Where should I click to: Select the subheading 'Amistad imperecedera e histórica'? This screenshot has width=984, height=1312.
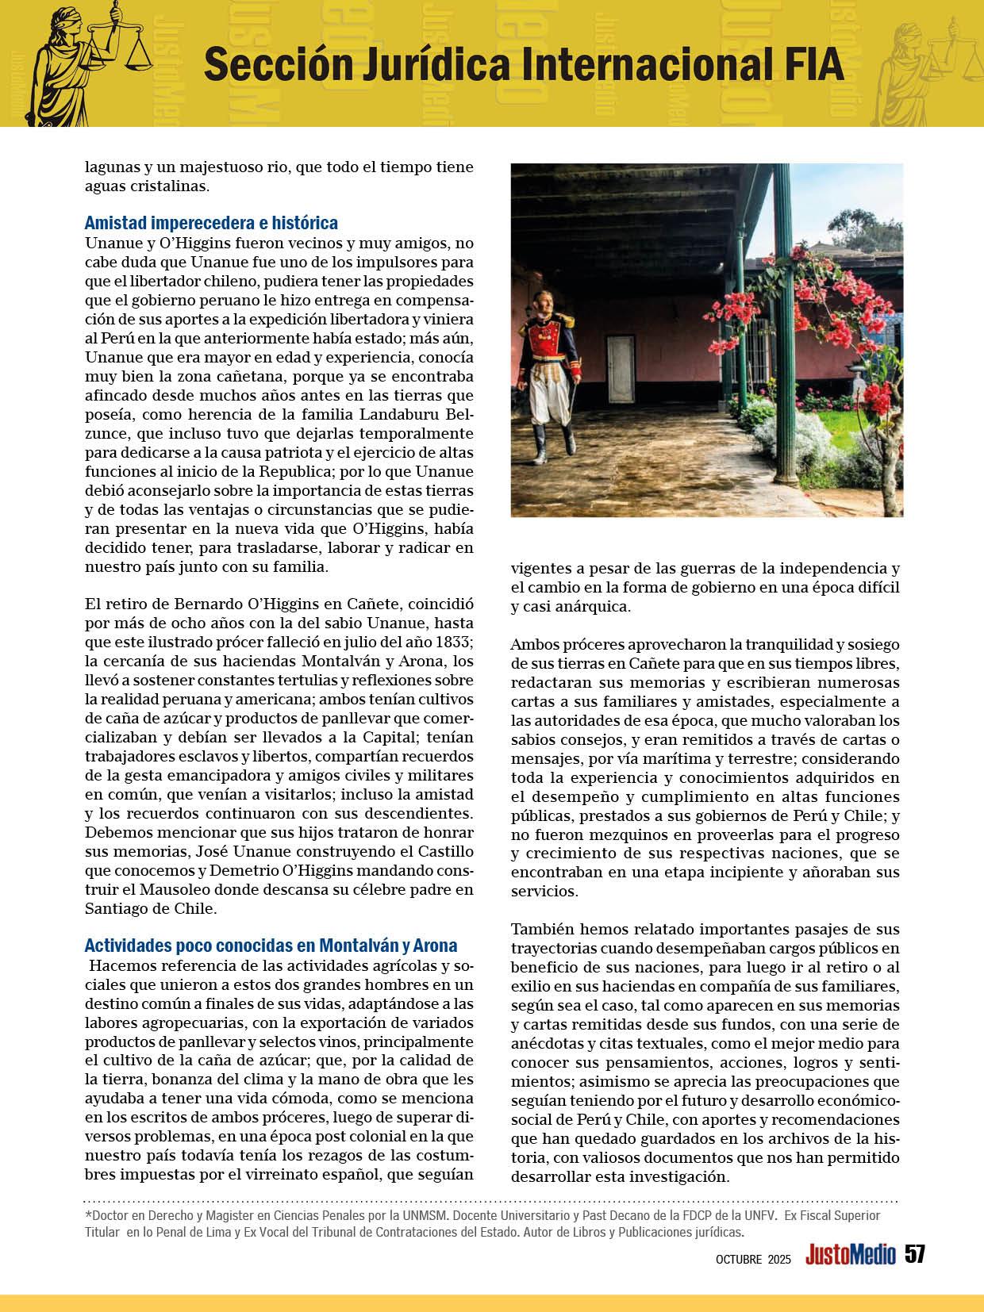(x=211, y=223)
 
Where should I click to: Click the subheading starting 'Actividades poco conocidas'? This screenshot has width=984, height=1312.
(x=271, y=946)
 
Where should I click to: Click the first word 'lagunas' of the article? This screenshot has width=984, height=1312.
(x=111, y=168)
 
